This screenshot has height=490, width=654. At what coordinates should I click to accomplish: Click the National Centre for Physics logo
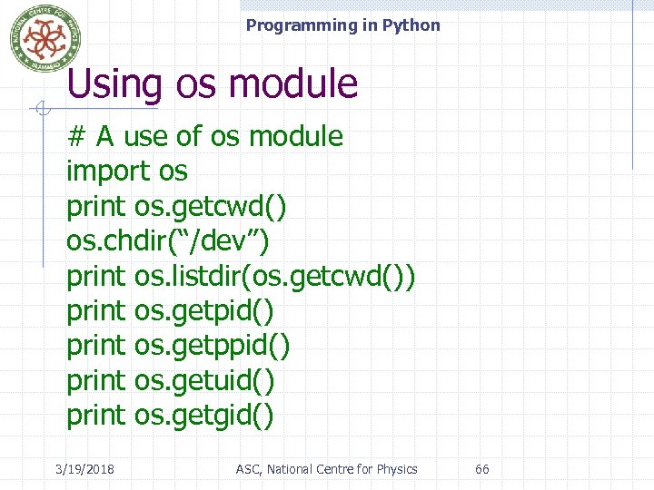coord(45,37)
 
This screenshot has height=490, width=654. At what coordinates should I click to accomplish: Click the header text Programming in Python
coord(342,25)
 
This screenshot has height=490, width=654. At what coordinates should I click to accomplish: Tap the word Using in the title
coord(114,84)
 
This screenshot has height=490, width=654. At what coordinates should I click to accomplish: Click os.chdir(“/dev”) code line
coord(168,241)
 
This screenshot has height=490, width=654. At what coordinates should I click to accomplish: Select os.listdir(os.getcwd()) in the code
coord(275,276)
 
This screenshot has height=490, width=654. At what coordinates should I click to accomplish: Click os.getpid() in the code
coord(203,311)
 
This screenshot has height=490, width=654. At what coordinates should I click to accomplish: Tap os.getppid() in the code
coord(213,346)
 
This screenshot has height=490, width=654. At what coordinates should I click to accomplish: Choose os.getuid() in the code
coord(204,380)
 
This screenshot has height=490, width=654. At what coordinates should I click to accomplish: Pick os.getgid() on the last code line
coord(203,416)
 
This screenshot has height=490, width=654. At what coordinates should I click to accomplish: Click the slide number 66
coord(482,469)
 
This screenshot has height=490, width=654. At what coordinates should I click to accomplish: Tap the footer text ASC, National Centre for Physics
coord(326,469)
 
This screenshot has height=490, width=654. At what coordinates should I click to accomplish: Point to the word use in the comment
coord(145,137)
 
